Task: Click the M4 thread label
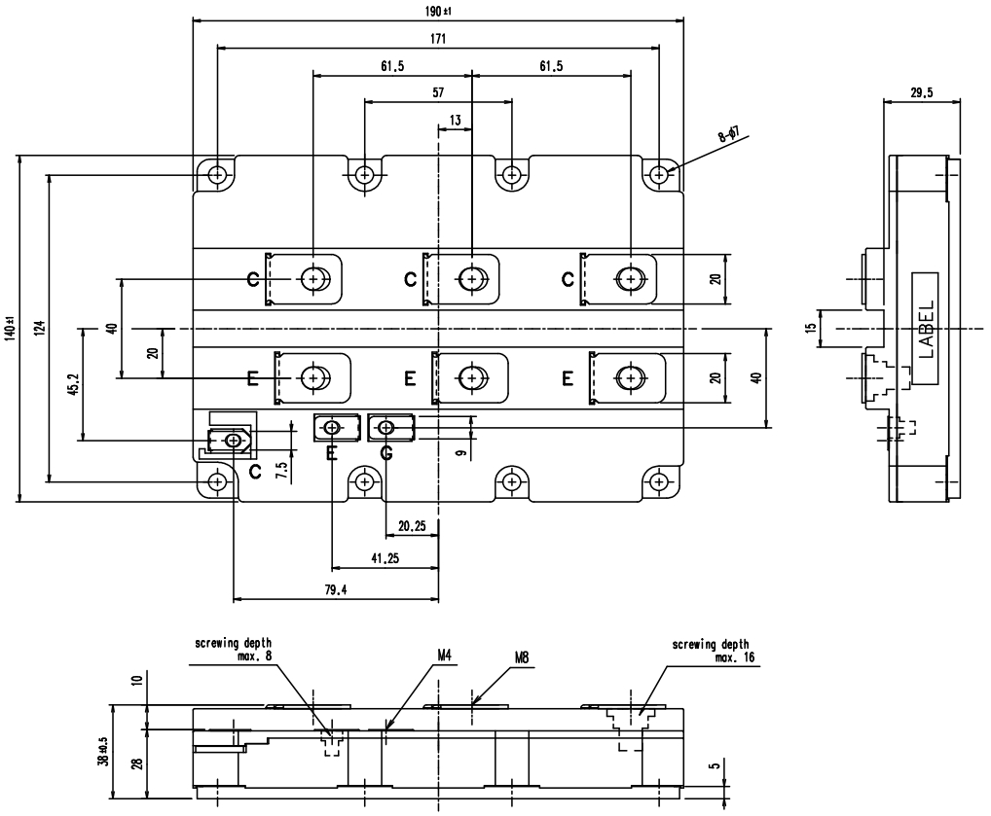click(444, 656)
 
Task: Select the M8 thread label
click(523, 657)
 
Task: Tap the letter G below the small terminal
click(386, 453)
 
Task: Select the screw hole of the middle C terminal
click(471, 278)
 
